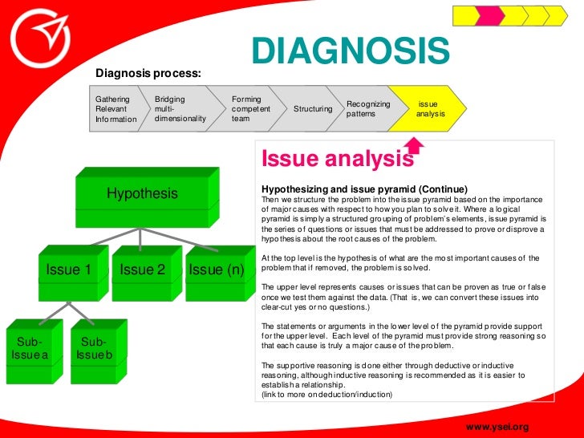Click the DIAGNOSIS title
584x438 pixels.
tap(351, 50)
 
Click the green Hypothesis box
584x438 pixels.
tap(142, 194)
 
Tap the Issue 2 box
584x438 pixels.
tap(142, 270)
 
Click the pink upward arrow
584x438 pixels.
tap(414, 144)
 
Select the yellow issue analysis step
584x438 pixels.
tap(430, 108)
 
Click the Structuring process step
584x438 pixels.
tap(313, 108)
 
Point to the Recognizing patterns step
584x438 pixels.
tap(368, 108)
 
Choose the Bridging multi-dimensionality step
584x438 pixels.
tap(180, 109)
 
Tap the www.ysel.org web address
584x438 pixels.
tap(497, 426)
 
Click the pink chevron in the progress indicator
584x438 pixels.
tap(490, 15)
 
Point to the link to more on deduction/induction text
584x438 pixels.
tap(327, 394)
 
